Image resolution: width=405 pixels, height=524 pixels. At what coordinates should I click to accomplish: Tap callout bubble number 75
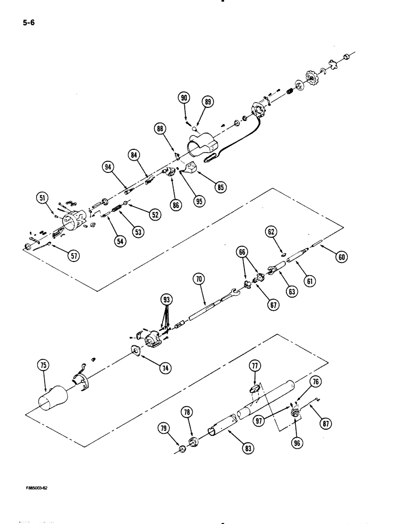(x=43, y=366)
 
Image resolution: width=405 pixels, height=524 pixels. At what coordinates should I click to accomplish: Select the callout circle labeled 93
(x=167, y=300)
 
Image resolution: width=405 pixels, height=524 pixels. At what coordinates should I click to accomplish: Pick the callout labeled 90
(x=184, y=98)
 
